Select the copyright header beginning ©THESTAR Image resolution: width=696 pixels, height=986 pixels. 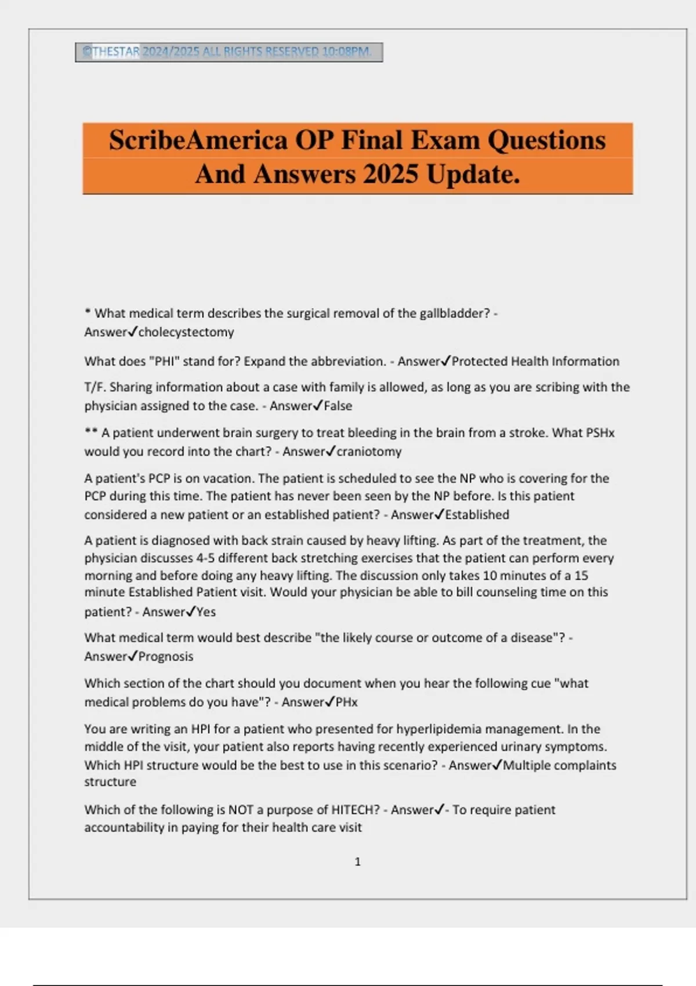click(229, 52)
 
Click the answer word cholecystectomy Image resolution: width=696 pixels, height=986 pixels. click(186, 332)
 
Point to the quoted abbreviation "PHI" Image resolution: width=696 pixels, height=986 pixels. click(164, 361)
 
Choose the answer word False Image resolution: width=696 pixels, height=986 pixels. click(338, 406)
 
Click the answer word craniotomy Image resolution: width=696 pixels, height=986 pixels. click(369, 452)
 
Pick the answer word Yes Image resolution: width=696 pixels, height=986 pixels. click(206, 612)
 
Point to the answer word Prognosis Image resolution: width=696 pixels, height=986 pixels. click(166, 657)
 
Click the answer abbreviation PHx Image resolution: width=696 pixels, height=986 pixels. click(347, 702)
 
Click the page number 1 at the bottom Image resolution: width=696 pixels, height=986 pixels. click(357, 862)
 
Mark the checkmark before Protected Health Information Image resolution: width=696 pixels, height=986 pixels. click(445, 361)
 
